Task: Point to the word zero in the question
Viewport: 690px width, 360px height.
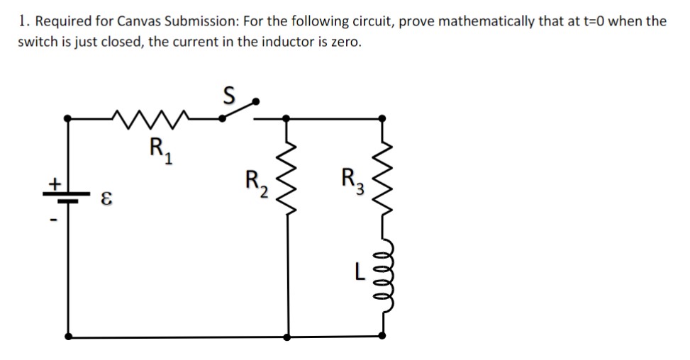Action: [344, 41]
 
